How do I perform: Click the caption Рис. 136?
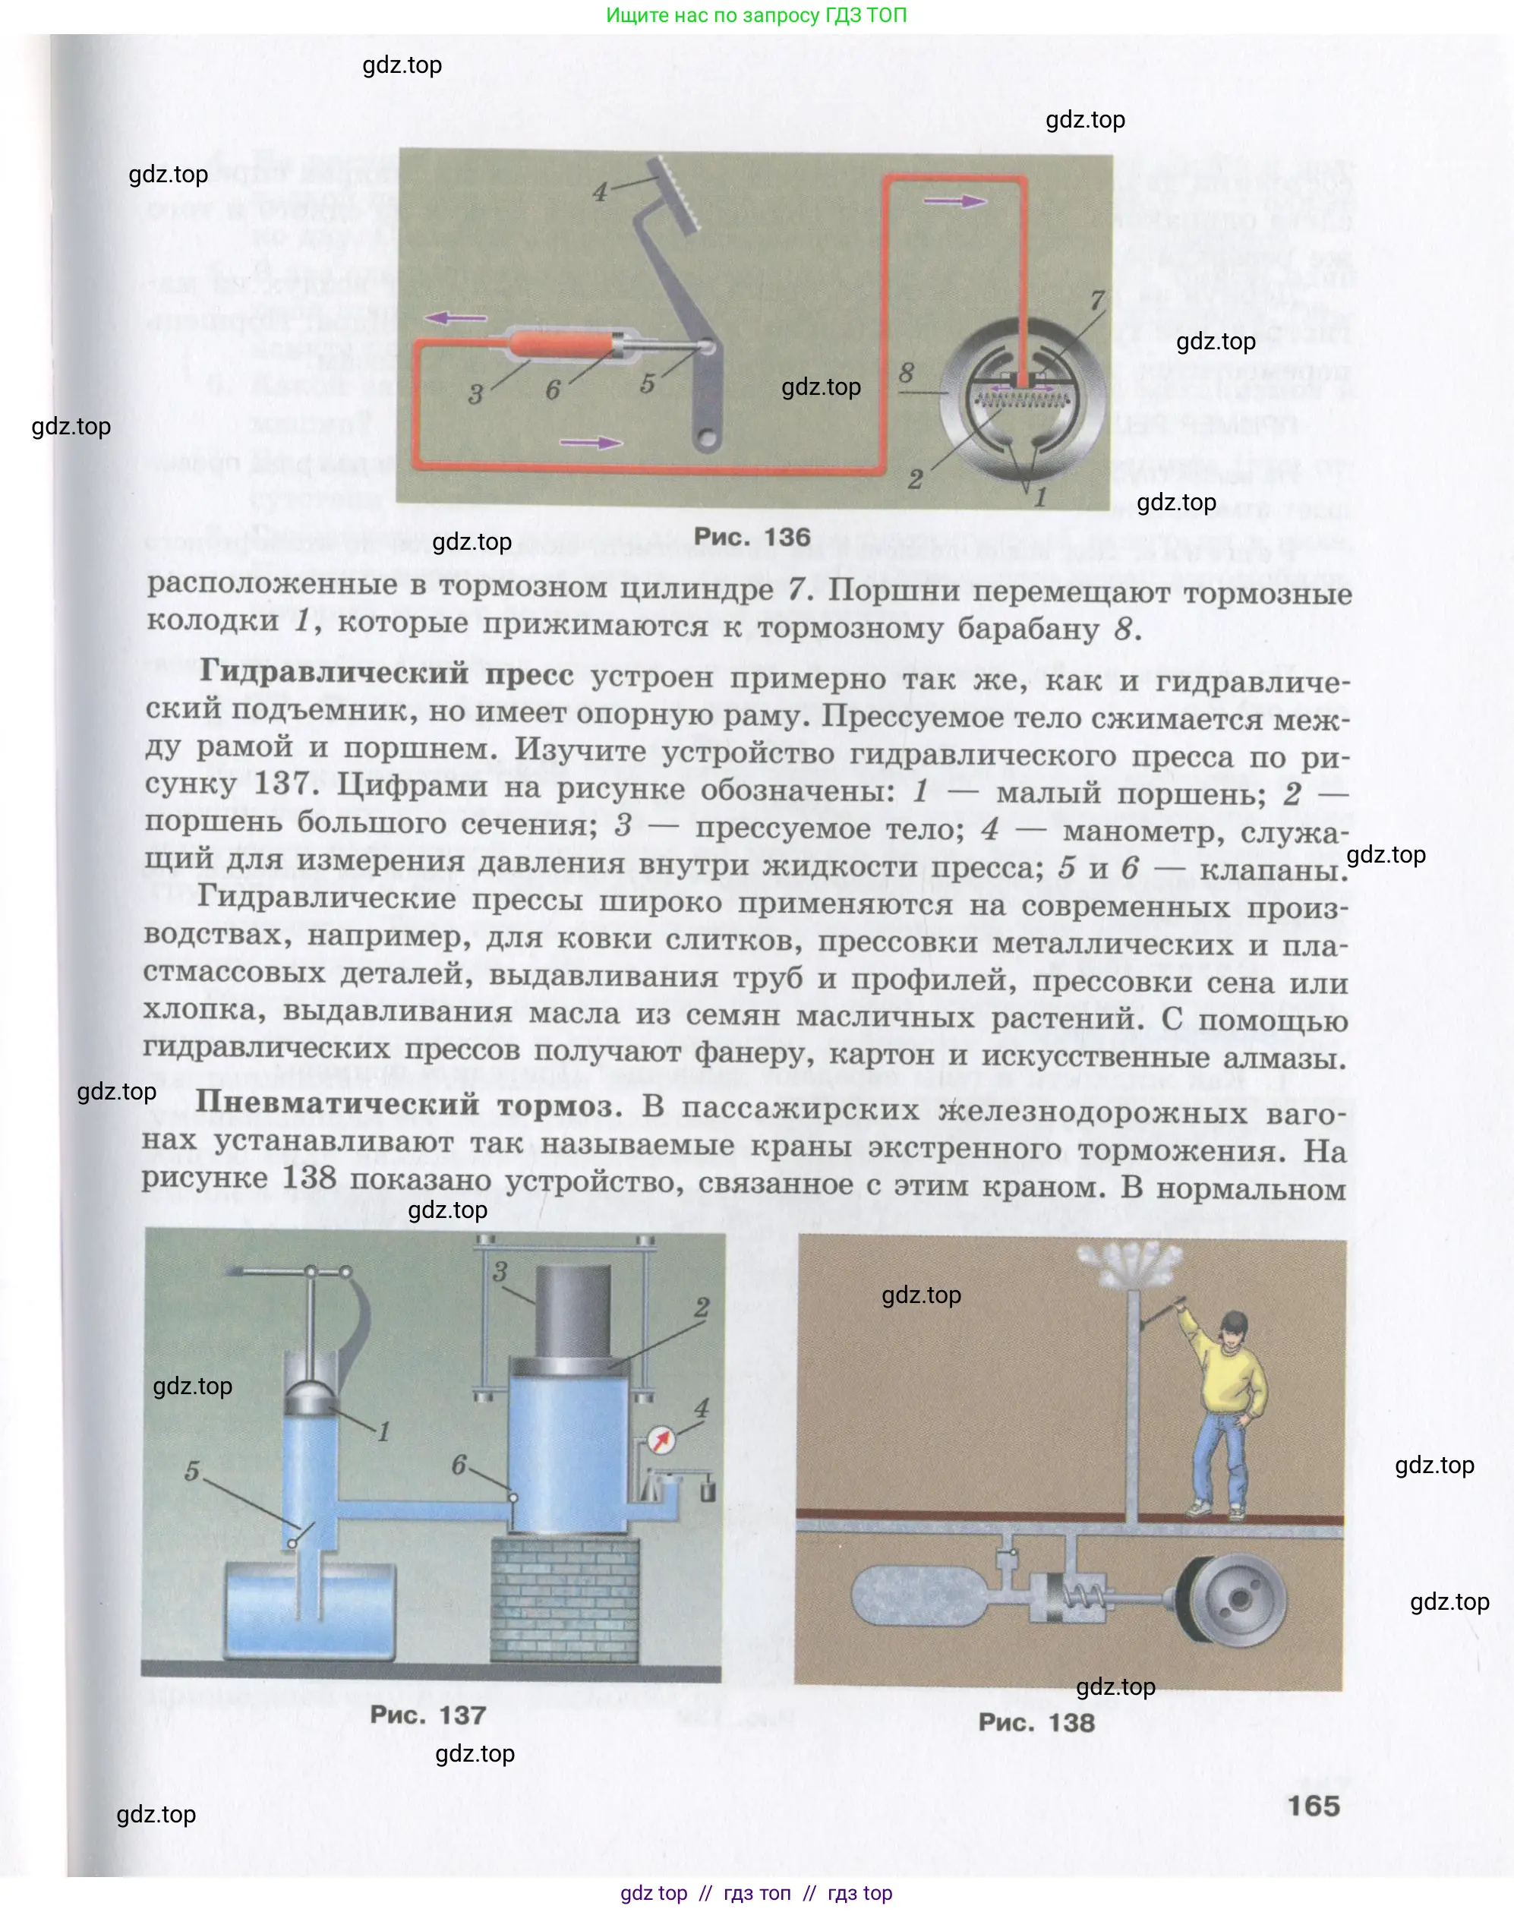tap(751, 537)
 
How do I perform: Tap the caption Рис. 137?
tap(427, 1715)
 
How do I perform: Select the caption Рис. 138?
tap(1036, 1722)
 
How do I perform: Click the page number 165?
tap(1313, 1806)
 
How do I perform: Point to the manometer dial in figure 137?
tap(660, 1440)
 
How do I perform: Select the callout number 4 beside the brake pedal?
tap(600, 191)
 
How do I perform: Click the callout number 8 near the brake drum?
tap(906, 372)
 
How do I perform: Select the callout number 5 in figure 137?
tap(192, 1472)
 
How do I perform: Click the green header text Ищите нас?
tap(756, 15)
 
